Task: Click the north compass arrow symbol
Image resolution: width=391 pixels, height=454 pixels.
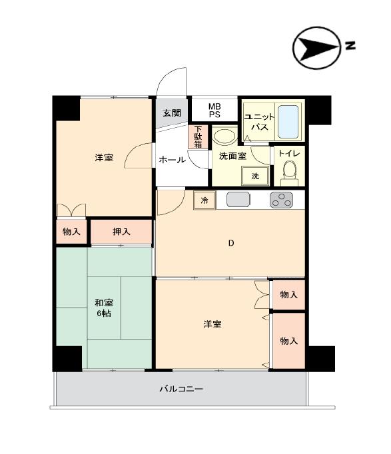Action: [x=316, y=48]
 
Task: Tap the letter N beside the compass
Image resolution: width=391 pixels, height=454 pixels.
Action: [x=350, y=45]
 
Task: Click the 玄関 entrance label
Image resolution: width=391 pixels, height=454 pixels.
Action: [x=172, y=113]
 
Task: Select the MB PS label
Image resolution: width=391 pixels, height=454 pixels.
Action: [x=214, y=111]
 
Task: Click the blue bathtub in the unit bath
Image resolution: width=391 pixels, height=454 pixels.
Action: [x=288, y=122]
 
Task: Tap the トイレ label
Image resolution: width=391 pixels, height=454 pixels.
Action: [x=289, y=153]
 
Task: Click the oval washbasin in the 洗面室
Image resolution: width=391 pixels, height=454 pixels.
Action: [x=224, y=136]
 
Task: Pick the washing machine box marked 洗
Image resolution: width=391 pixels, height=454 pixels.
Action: [x=255, y=176]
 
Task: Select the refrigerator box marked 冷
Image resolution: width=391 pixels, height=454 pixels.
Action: [x=204, y=200]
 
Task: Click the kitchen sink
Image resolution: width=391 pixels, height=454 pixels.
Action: [x=238, y=200]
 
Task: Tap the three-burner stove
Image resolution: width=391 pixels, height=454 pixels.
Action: [x=281, y=200]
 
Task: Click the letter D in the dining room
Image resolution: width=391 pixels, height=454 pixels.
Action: [x=231, y=243]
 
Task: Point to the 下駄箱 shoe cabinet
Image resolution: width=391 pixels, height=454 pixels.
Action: [x=198, y=136]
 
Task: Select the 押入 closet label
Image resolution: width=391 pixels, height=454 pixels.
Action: [x=121, y=232]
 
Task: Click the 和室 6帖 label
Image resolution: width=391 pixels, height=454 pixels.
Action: [x=104, y=308]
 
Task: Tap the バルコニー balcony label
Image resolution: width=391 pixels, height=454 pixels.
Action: [x=181, y=389]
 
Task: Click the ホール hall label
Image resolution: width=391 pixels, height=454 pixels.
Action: [x=172, y=160]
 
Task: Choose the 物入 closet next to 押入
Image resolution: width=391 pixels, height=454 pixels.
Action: [x=71, y=232]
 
